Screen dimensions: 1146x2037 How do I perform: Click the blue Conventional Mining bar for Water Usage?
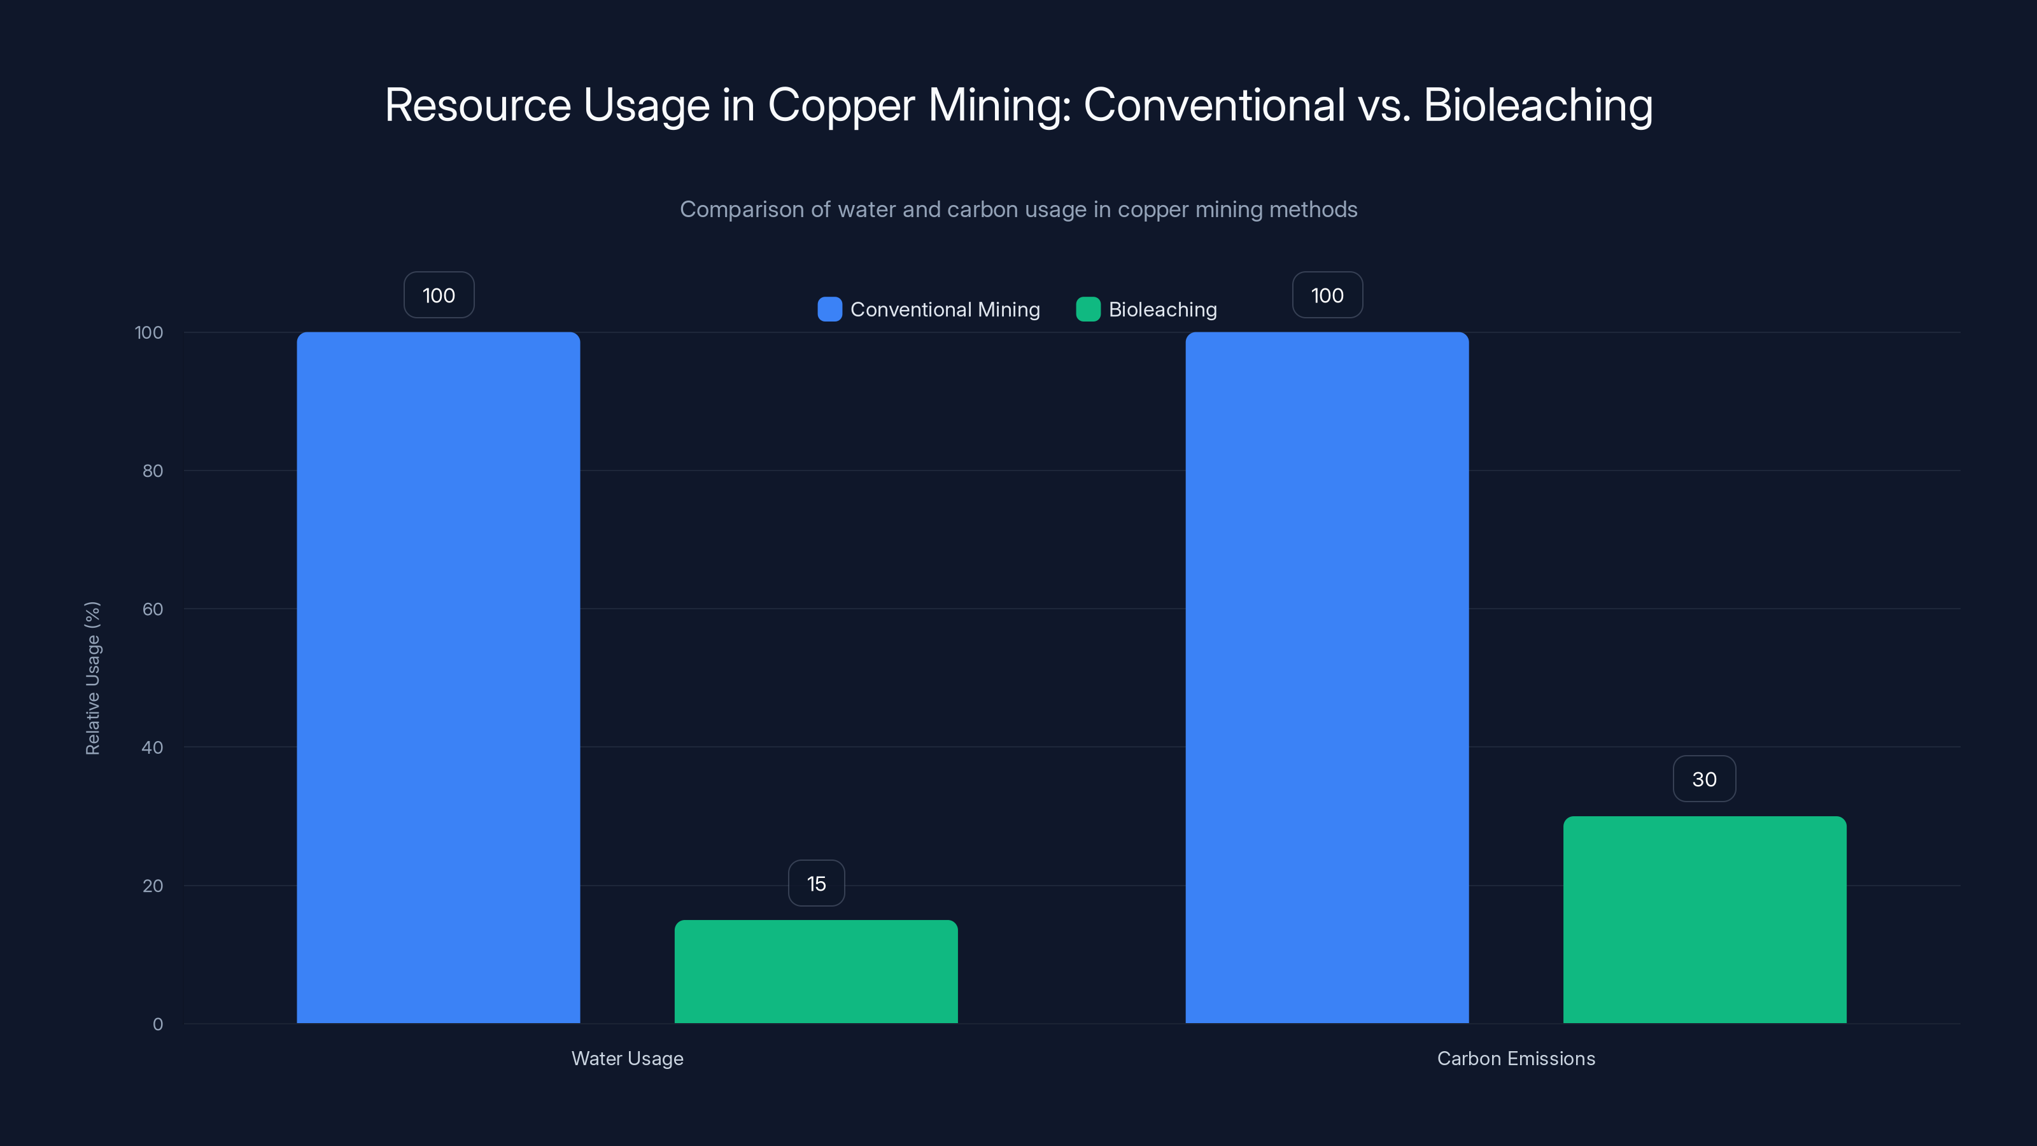(438, 677)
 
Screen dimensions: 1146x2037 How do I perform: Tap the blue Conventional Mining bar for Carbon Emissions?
(1326, 677)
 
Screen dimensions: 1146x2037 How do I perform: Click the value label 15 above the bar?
(816, 884)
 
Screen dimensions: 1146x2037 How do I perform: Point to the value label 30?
(1704, 779)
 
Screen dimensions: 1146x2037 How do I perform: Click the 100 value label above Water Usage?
(439, 295)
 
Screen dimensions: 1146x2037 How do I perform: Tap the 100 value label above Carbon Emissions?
(1327, 295)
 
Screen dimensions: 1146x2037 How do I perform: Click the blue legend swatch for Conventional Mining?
(829, 309)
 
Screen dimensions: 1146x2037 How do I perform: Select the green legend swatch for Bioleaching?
(1088, 309)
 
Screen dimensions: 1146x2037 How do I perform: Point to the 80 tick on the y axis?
(153, 470)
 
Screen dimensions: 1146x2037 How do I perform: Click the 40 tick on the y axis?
(153, 747)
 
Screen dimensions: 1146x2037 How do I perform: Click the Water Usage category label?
(627, 1058)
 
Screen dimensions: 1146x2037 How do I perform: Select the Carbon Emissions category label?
(1516, 1058)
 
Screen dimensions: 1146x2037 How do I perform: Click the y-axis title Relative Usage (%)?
(92, 678)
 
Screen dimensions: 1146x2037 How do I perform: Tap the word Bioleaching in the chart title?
(1538, 105)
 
